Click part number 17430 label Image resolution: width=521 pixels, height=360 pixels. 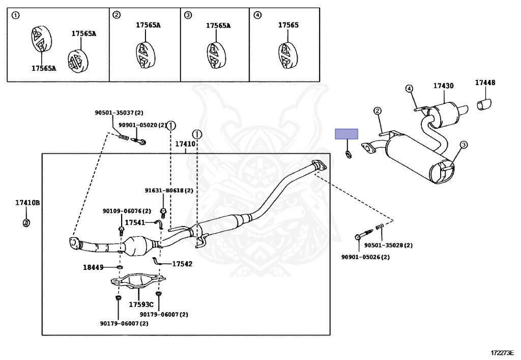coord(443,86)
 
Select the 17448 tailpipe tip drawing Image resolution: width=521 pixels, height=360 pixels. coord(484,104)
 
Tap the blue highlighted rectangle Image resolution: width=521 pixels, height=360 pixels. coord(346,134)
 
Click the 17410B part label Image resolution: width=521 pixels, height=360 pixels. coord(27,203)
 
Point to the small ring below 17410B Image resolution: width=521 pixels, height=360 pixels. coord(26,223)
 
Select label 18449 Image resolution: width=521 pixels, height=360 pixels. coord(93,267)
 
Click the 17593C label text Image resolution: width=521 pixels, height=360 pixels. coord(141,304)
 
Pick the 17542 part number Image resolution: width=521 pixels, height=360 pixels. coord(182,264)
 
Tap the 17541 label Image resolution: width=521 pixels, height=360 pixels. coord(135,223)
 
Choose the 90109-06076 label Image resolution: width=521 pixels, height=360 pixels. coord(123,211)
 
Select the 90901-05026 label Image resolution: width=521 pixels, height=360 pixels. coord(361,257)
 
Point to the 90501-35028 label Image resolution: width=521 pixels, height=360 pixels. coord(384,245)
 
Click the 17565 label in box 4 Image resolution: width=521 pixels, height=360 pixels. coord(288,25)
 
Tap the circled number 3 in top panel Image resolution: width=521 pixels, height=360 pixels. coord(188,15)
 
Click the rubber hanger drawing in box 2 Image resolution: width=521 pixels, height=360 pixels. coord(145,56)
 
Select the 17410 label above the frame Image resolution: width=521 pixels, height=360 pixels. coord(185,144)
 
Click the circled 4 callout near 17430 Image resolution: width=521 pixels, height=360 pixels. coord(409,89)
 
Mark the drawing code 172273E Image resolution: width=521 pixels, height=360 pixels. coord(503,352)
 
